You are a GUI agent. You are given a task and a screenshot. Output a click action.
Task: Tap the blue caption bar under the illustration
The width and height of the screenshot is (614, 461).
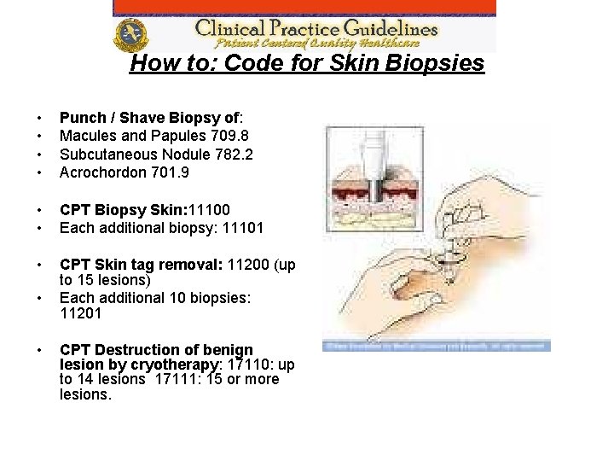tap(437, 346)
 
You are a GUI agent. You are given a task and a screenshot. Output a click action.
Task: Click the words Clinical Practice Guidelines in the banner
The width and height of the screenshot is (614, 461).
tap(316, 26)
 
